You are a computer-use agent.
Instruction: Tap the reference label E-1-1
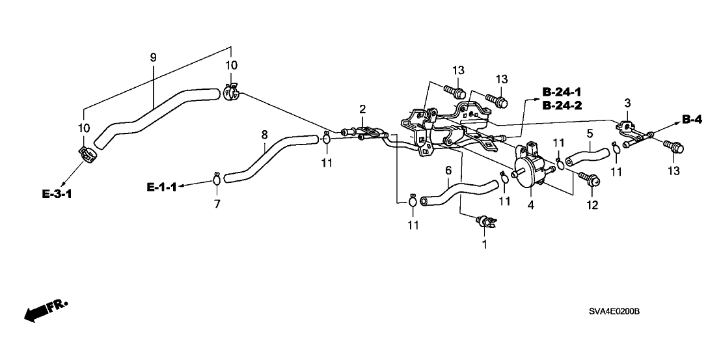[x=161, y=187]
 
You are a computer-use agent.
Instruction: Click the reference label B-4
[x=694, y=118]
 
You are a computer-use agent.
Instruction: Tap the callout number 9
[x=154, y=57]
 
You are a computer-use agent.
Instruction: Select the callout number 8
[x=264, y=135]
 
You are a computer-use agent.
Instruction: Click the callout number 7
[x=217, y=204]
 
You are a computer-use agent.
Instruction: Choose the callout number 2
[x=362, y=108]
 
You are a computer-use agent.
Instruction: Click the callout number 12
[x=591, y=206]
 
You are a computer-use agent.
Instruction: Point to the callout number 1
[x=484, y=245]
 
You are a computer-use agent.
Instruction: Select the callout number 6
[x=448, y=171]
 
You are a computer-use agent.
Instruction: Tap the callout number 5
[x=589, y=133]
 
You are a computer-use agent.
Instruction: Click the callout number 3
[x=627, y=103]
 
